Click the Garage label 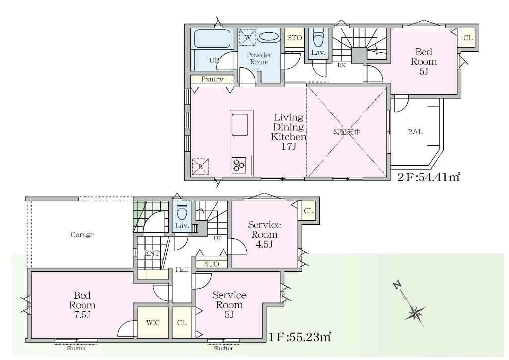click(x=82, y=234)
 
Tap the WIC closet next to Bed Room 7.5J click(x=153, y=322)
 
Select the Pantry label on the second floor click(x=212, y=79)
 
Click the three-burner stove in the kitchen click(x=239, y=165)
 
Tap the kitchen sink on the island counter click(x=240, y=125)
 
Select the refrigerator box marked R click(x=200, y=167)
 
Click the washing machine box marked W click(x=248, y=37)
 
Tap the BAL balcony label click(x=415, y=132)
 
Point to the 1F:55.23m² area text click(x=300, y=337)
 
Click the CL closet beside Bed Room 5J click(x=468, y=38)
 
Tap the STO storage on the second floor click(x=294, y=38)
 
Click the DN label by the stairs click(x=341, y=65)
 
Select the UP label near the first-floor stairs click(x=218, y=238)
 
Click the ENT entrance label click(x=152, y=253)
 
